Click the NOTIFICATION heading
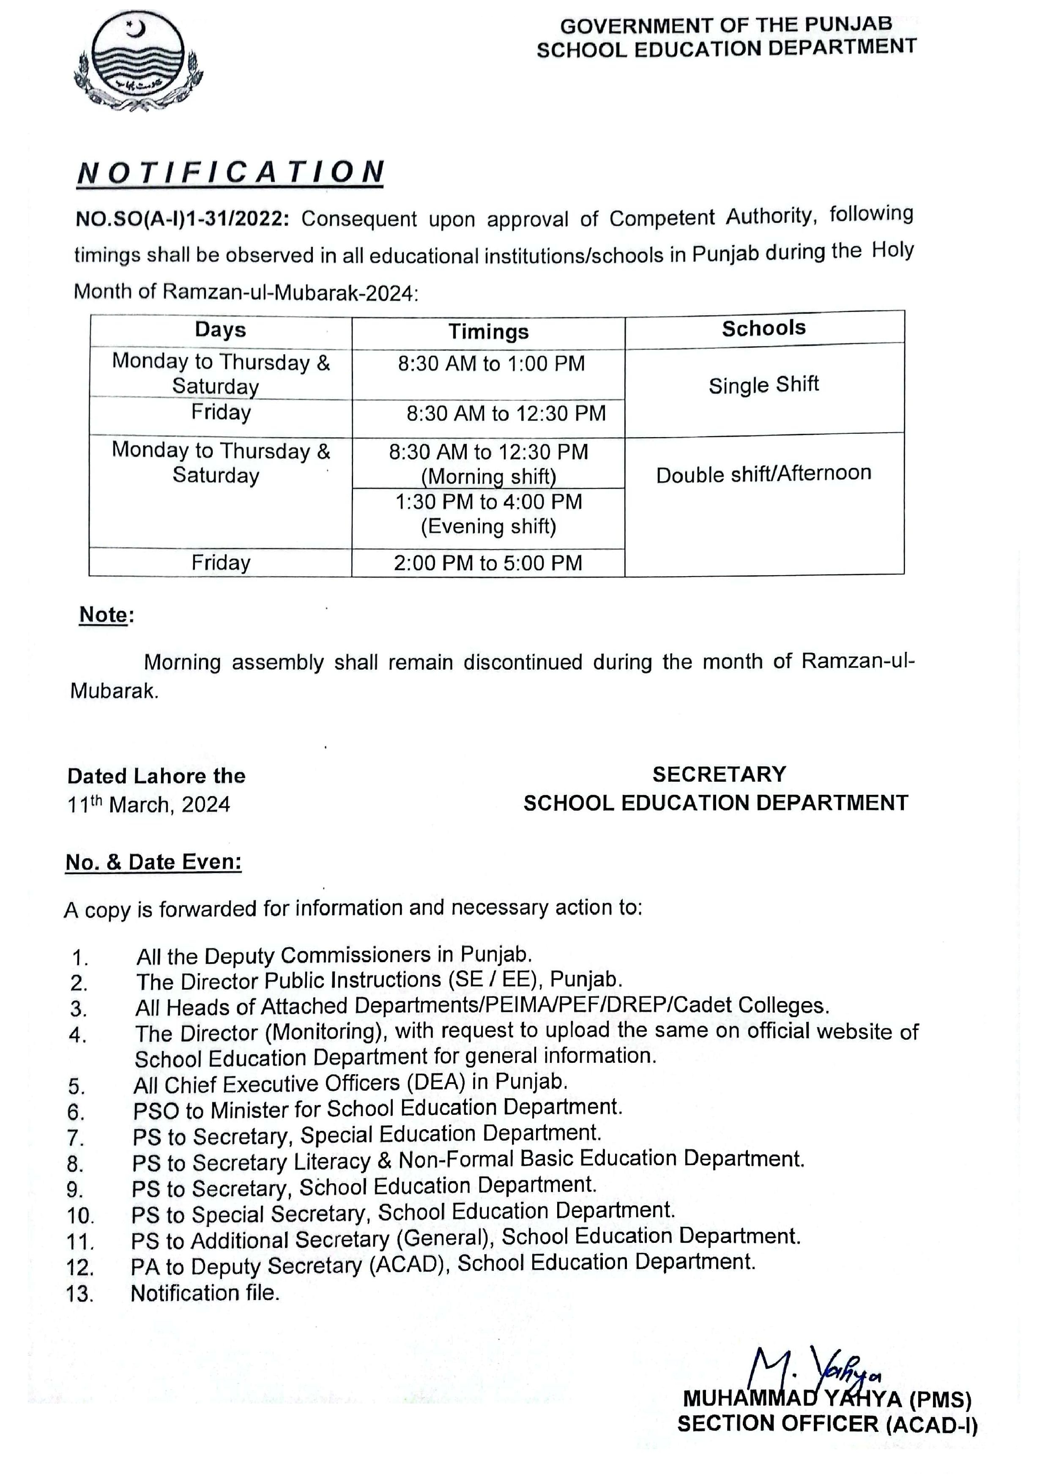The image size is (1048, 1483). point(230,172)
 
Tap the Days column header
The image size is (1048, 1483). point(220,330)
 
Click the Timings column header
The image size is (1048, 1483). point(488,332)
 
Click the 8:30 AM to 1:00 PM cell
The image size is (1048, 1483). point(491,364)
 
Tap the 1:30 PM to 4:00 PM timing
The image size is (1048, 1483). point(488,502)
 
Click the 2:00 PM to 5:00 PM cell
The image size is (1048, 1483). point(488,563)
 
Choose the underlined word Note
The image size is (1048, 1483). point(103,614)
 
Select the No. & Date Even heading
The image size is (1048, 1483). point(154,862)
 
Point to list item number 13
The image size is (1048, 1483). point(80,1294)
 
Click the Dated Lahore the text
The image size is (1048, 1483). point(157,776)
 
